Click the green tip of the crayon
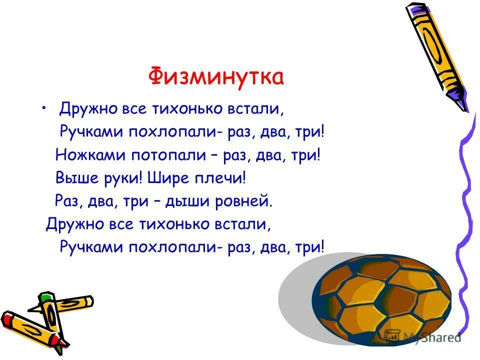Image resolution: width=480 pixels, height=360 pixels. [x=46, y=298]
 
